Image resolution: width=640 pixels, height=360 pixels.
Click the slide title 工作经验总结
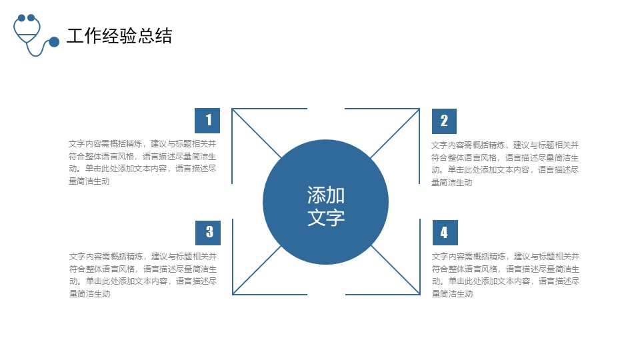pyautogui.click(x=119, y=36)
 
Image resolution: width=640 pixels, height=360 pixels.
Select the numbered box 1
pyautogui.click(x=207, y=121)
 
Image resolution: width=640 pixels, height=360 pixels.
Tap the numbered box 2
pyautogui.click(x=444, y=121)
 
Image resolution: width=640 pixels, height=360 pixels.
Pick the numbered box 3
pyautogui.click(x=208, y=233)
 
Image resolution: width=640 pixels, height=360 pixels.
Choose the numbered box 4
pyautogui.click(x=445, y=232)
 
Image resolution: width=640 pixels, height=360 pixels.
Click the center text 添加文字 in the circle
pyautogui.click(x=326, y=206)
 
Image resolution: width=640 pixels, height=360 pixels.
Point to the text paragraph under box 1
pyautogui.click(x=143, y=163)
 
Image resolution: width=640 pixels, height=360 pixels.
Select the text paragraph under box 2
pyautogui.click(x=505, y=164)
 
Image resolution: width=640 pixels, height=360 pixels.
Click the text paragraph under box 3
pyautogui.click(x=143, y=275)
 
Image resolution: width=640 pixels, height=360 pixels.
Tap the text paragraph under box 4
pyautogui.click(x=506, y=275)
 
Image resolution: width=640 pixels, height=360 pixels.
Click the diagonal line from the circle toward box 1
pyautogui.click(x=257, y=133)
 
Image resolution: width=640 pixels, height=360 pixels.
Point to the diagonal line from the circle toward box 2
pyautogui.click(x=395, y=133)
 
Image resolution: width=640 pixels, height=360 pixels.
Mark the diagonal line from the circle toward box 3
pyautogui.click(x=257, y=270)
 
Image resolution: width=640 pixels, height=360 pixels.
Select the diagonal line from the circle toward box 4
pyautogui.click(x=395, y=270)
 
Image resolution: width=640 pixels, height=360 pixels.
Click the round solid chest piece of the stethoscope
pyautogui.click(x=54, y=41)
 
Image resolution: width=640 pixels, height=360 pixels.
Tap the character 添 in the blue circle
pyautogui.click(x=316, y=195)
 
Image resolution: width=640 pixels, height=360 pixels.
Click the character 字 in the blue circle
pyautogui.click(x=335, y=217)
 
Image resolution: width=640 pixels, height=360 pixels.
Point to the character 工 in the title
pyautogui.click(x=75, y=36)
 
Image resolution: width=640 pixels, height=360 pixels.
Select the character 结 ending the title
pyautogui.click(x=163, y=36)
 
